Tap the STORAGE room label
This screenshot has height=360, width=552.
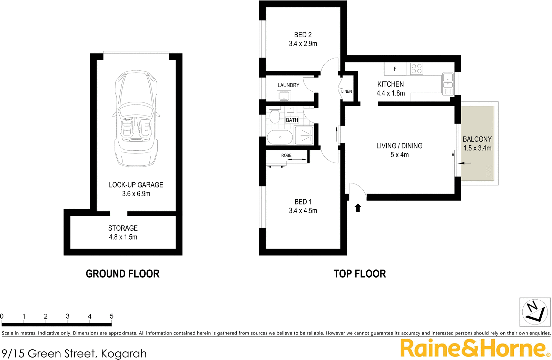pyautogui.click(x=123, y=228)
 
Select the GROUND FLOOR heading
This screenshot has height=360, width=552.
pyautogui.click(x=122, y=274)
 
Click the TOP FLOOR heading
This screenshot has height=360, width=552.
pyautogui.click(x=359, y=274)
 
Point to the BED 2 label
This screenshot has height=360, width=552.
pyautogui.click(x=303, y=35)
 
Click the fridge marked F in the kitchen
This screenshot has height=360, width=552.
pyautogui.click(x=395, y=69)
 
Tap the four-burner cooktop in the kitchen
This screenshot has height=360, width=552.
pyautogui.click(x=416, y=69)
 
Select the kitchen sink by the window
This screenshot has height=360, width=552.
pyautogui.click(x=447, y=84)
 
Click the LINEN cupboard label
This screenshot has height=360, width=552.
pyautogui.click(x=346, y=91)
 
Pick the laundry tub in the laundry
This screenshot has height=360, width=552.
pyautogui.click(x=284, y=96)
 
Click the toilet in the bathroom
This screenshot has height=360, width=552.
pyautogui.click(x=275, y=116)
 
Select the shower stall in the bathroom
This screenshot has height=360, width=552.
pyautogui.click(x=304, y=136)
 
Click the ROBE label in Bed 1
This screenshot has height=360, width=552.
pyautogui.click(x=286, y=156)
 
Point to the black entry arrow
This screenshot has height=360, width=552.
pyautogui.click(x=358, y=208)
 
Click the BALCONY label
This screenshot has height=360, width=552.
pyautogui.click(x=477, y=139)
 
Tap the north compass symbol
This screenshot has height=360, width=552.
pyautogui.click(x=535, y=312)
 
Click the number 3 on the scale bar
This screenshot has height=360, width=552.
pyautogui.click(x=68, y=316)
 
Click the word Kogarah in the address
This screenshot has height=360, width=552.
pyautogui.click(x=124, y=353)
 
